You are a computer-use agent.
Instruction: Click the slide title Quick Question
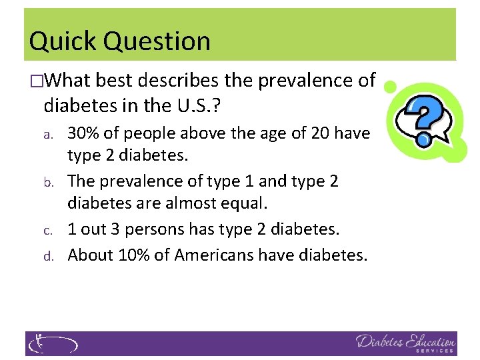pyautogui.click(x=120, y=41)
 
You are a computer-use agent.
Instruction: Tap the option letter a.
pyautogui.click(x=47, y=135)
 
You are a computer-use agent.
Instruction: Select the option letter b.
pyautogui.click(x=47, y=182)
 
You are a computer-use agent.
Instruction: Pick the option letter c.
pyautogui.click(x=47, y=230)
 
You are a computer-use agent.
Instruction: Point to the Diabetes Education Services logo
pyautogui.click(x=405, y=343)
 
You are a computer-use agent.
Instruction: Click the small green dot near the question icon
pyautogui.click(x=391, y=86)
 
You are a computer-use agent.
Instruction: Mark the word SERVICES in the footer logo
pyautogui.click(x=435, y=350)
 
